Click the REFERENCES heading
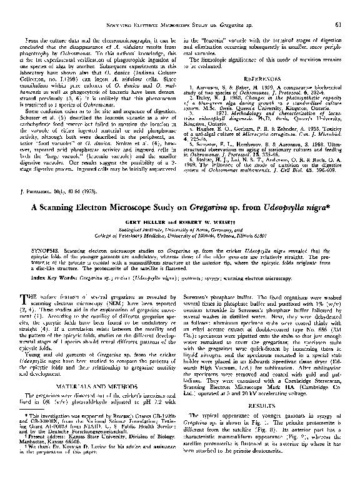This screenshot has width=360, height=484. pyautogui.click(x=264, y=79)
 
